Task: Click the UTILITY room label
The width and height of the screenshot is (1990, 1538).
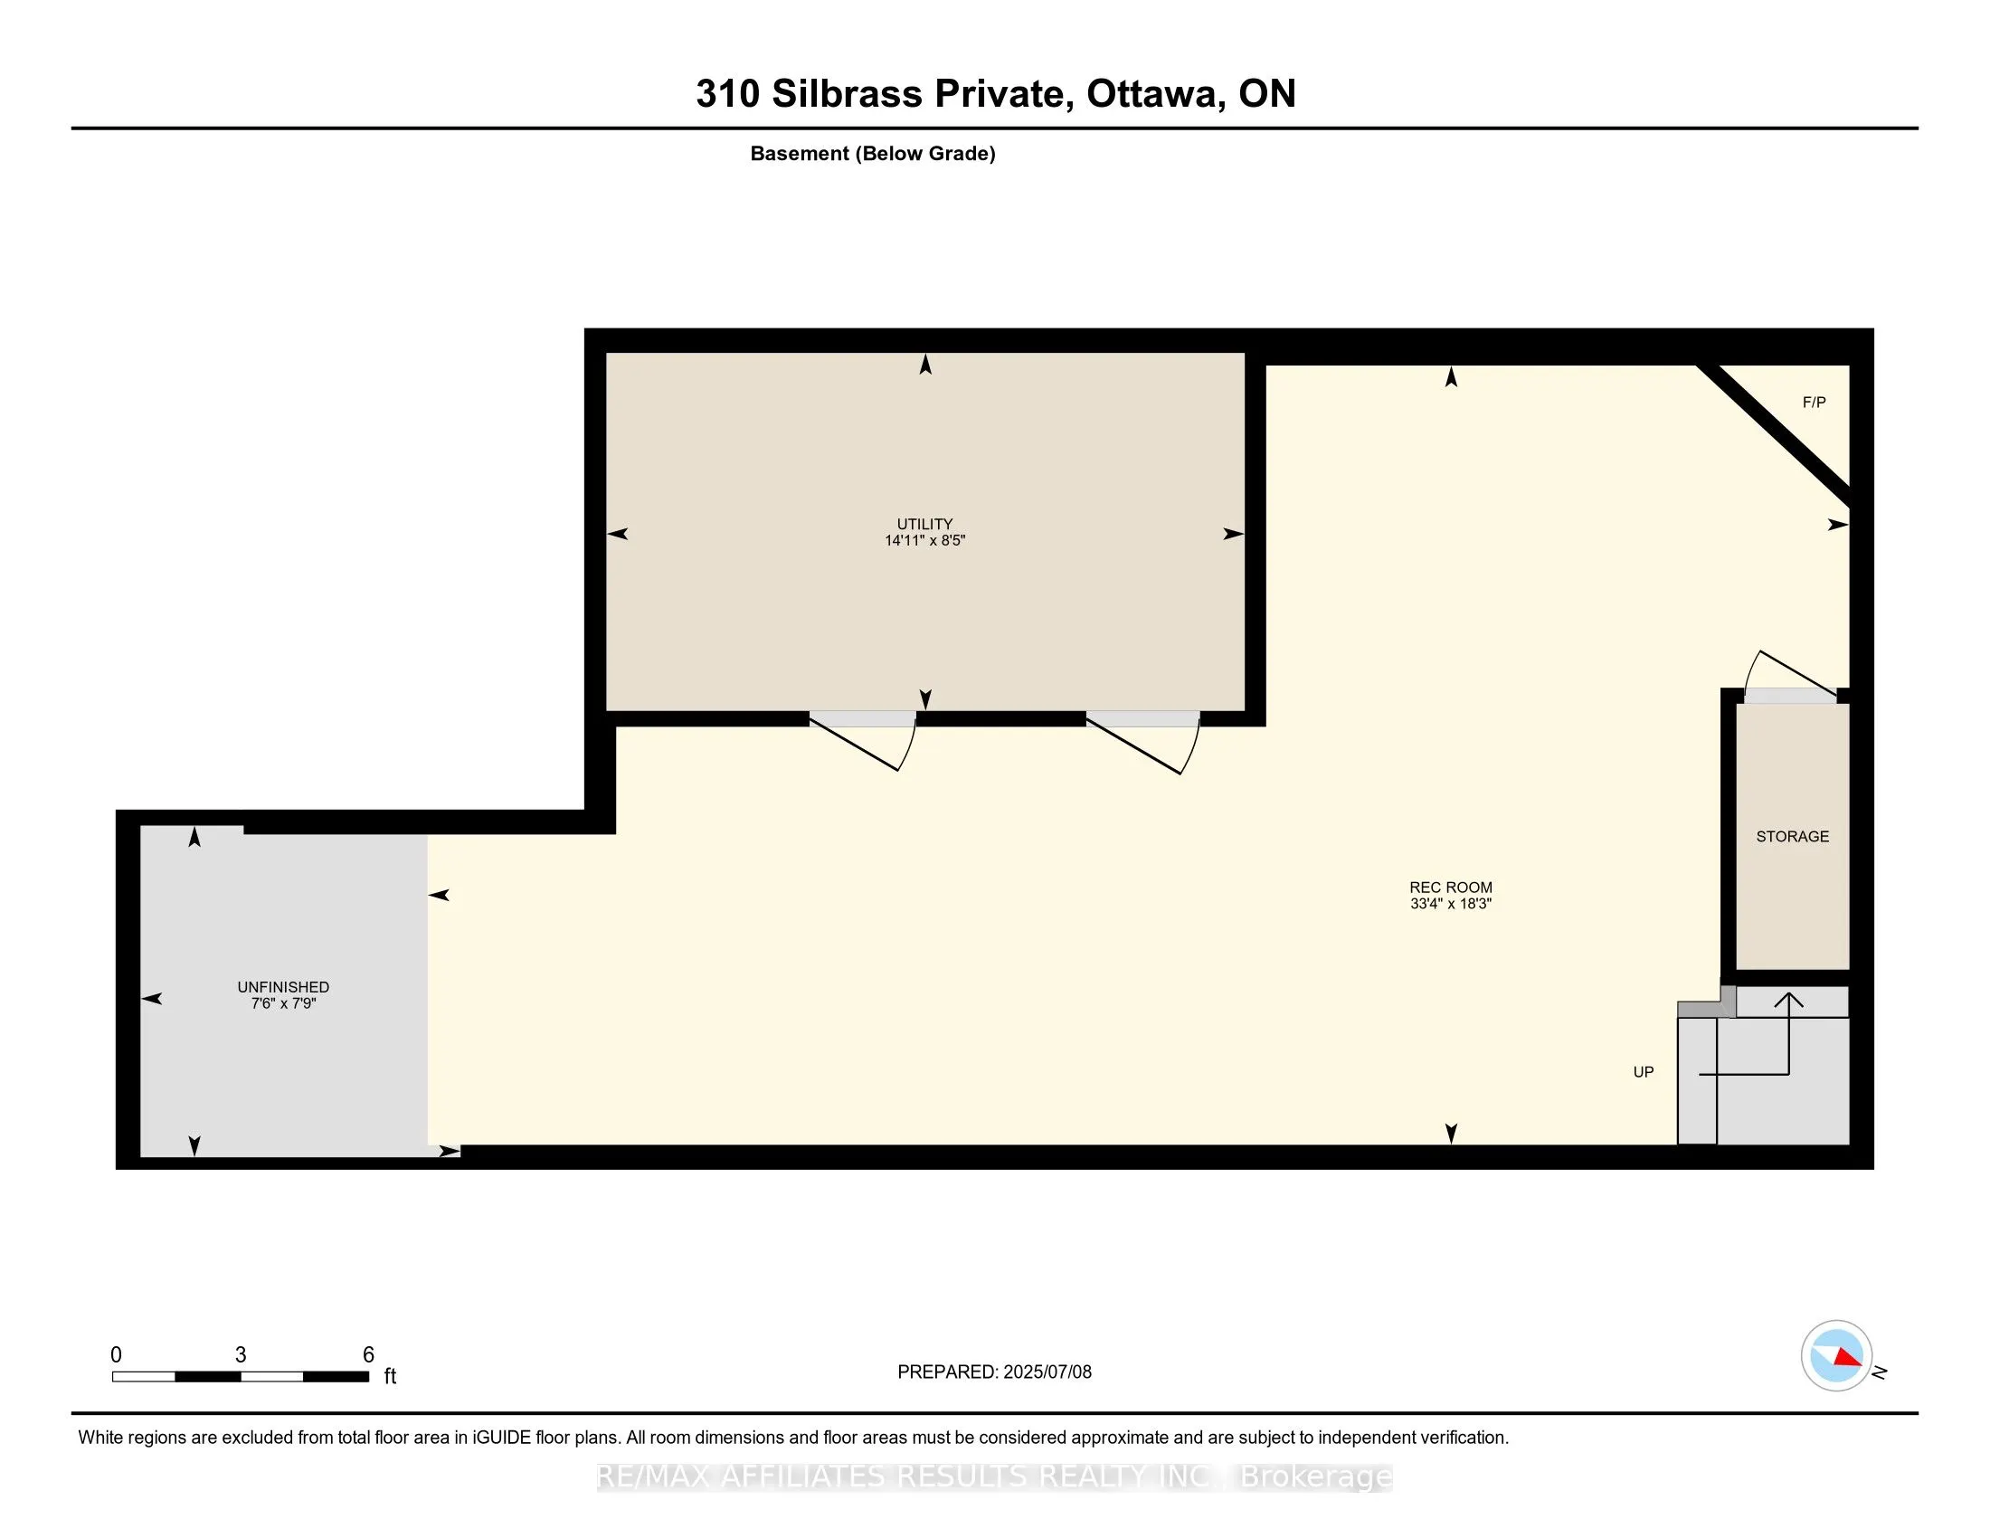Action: click(924, 524)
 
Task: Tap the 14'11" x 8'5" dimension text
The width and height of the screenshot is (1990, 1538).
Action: click(924, 540)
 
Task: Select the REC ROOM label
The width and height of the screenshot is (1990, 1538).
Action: click(1451, 888)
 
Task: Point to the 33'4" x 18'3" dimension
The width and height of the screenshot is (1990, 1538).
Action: click(1451, 904)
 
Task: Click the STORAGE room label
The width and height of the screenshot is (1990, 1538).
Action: click(1792, 837)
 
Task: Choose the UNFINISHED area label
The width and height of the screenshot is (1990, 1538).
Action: click(283, 987)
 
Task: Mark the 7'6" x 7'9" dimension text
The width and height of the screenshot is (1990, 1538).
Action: click(283, 1003)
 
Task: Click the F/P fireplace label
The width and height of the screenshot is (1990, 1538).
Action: click(1814, 402)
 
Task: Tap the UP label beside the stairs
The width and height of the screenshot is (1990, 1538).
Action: click(1643, 1071)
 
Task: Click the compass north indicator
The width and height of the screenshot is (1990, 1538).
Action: click(1837, 1355)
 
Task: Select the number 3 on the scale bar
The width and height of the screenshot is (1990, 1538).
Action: click(241, 1354)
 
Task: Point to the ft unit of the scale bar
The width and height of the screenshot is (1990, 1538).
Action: click(390, 1375)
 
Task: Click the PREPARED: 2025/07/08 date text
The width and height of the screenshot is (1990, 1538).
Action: click(994, 1372)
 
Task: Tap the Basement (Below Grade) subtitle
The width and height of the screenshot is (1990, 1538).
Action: click(873, 153)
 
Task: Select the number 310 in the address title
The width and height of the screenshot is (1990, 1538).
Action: click(728, 93)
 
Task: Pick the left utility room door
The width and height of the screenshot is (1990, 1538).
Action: click(863, 740)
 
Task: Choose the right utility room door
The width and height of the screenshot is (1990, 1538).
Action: click(1142, 742)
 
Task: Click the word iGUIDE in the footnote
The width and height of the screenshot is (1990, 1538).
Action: click(500, 1437)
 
